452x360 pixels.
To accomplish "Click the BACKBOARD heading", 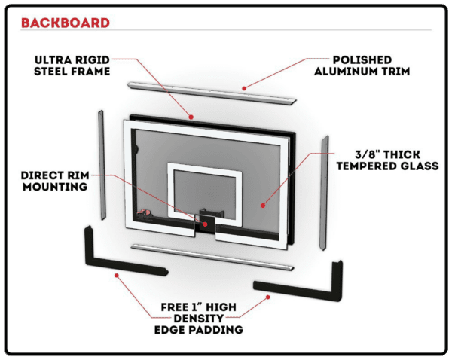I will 66,22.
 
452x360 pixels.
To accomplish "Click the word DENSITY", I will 202,318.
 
